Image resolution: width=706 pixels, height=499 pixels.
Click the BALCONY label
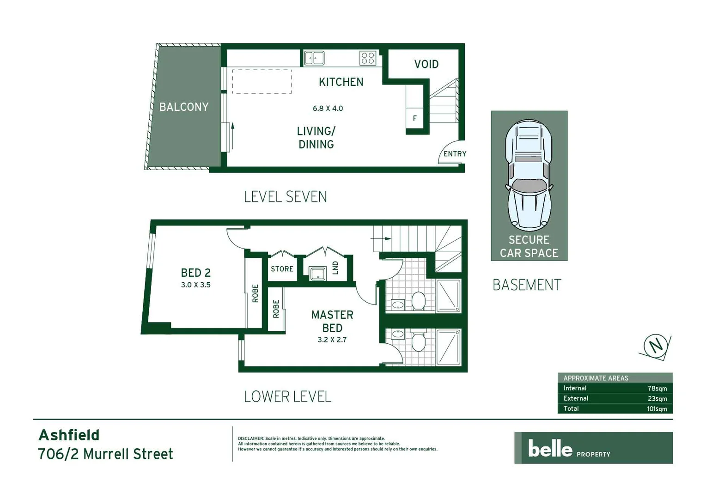click(184, 107)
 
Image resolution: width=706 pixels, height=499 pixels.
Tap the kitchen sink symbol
click(314, 58)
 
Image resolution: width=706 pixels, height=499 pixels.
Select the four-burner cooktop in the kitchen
click(368, 58)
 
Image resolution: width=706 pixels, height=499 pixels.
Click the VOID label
click(426, 64)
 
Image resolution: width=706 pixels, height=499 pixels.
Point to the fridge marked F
click(414, 118)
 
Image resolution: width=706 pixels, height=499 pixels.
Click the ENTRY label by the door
click(455, 154)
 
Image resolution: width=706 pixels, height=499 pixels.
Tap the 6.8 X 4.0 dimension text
click(328, 109)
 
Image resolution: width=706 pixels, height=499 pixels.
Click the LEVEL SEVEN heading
click(285, 197)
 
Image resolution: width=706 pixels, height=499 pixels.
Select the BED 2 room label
click(195, 273)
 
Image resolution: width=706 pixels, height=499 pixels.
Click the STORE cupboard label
click(282, 269)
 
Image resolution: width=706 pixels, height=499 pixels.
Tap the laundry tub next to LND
click(318, 274)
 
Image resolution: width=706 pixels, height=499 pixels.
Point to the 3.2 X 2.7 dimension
click(332, 340)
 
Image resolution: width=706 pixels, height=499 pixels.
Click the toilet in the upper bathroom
click(418, 301)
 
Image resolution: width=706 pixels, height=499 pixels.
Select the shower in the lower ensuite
click(448, 347)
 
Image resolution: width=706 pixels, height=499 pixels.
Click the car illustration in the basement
click(529, 176)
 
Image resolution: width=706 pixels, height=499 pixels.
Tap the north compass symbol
click(656, 346)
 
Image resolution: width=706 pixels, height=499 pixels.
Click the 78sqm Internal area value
click(657, 389)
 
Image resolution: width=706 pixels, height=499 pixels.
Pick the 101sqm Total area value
click(657, 409)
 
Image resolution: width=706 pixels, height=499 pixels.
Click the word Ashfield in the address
click(69, 435)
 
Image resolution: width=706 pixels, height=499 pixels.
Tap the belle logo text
click(550, 448)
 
